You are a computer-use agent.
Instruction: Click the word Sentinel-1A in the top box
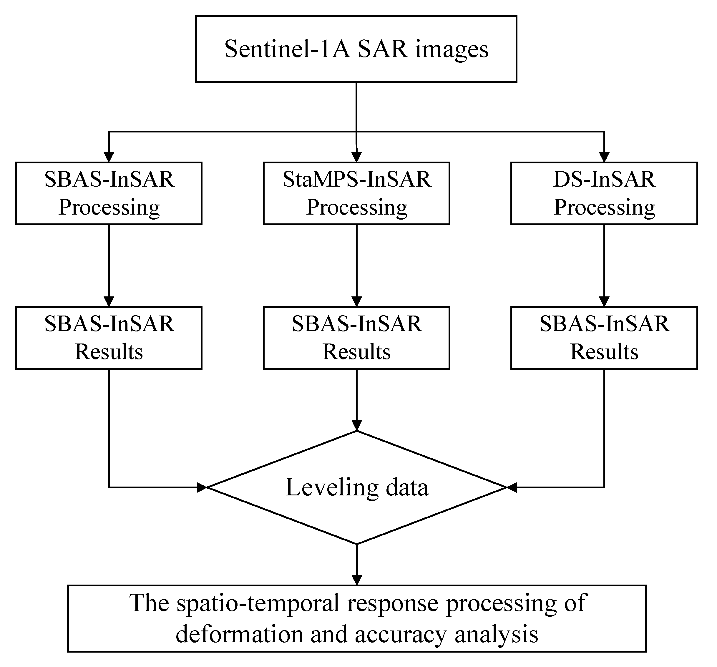point(287,49)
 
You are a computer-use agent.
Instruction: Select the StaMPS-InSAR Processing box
point(356,193)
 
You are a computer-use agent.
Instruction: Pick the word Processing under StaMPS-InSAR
point(356,208)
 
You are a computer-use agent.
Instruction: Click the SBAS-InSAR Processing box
point(109,193)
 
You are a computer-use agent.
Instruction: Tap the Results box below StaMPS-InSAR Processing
point(356,338)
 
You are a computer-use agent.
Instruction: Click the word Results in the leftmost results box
point(109,352)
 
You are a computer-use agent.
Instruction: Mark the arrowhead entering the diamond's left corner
point(202,488)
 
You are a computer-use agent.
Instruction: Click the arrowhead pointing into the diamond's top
point(356,426)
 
